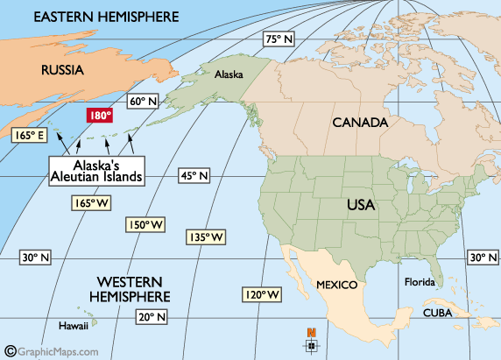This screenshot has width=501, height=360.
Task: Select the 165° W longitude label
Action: (90, 203)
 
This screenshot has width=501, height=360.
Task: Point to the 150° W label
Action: (146, 225)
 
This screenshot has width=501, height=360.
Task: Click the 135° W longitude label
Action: (206, 237)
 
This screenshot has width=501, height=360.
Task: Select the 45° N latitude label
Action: (195, 175)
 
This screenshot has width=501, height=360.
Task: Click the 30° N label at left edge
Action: (36, 258)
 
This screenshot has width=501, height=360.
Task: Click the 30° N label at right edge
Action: (482, 258)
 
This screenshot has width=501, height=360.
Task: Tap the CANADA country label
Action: (359, 124)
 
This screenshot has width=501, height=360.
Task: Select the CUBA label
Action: (438, 313)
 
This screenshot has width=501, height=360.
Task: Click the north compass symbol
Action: (311, 342)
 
